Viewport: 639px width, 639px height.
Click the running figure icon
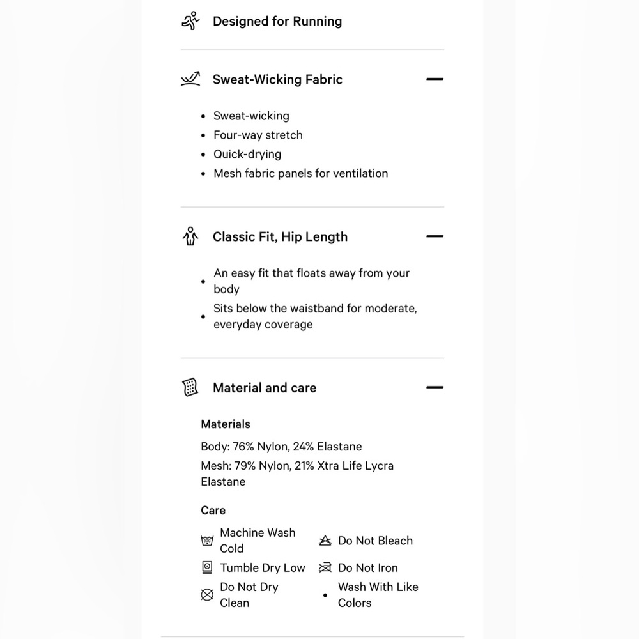click(x=190, y=21)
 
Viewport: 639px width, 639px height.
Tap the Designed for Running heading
click(x=277, y=21)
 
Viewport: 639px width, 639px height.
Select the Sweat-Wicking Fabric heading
click(x=277, y=79)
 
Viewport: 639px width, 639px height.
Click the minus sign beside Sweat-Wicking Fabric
click(x=435, y=79)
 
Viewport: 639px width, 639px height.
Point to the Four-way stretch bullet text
click(x=258, y=135)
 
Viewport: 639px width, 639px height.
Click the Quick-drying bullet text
click(x=247, y=154)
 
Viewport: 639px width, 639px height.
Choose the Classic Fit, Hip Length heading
click(x=280, y=236)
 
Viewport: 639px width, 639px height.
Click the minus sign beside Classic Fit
click(x=435, y=236)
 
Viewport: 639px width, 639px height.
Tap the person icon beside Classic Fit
click(x=190, y=237)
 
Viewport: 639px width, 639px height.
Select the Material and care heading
click(x=265, y=387)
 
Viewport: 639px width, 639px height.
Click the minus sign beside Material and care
click(x=435, y=387)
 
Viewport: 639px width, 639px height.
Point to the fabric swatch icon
click(x=190, y=387)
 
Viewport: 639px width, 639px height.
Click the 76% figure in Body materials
click(x=242, y=447)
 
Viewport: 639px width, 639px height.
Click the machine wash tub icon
click(x=207, y=541)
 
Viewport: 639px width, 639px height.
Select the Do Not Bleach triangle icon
click(x=325, y=541)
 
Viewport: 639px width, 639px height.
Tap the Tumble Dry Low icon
click(x=207, y=567)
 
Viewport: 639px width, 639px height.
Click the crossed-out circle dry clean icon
click(x=207, y=595)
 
